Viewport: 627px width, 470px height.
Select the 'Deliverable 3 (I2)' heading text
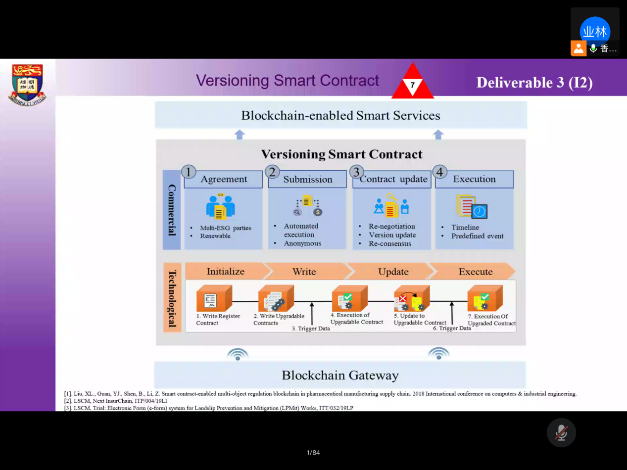coord(534,83)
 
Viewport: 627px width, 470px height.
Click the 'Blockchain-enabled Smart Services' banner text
coord(340,116)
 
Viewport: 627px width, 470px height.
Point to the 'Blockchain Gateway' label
coord(340,376)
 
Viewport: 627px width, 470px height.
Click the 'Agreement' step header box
coord(224,180)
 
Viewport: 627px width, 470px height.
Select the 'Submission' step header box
coord(308,180)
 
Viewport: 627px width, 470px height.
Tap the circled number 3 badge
coord(356,172)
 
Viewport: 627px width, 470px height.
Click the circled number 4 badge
coord(439,172)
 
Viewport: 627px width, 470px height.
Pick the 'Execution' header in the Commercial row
coord(474,180)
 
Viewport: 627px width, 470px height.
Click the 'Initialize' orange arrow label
coord(226,272)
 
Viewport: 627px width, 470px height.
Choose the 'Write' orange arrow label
coord(304,272)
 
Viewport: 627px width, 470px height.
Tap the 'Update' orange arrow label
coord(393,272)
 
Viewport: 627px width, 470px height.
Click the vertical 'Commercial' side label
coord(172,210)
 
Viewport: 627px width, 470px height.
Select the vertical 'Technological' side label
coord(172,298)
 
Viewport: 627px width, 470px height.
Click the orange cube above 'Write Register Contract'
coord(213,299)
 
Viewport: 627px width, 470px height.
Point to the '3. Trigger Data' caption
coord(311,329)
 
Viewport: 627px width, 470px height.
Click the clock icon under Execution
coord(479,211)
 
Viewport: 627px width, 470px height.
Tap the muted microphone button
coord(561,433)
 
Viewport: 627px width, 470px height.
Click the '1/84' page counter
coord(313,453)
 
